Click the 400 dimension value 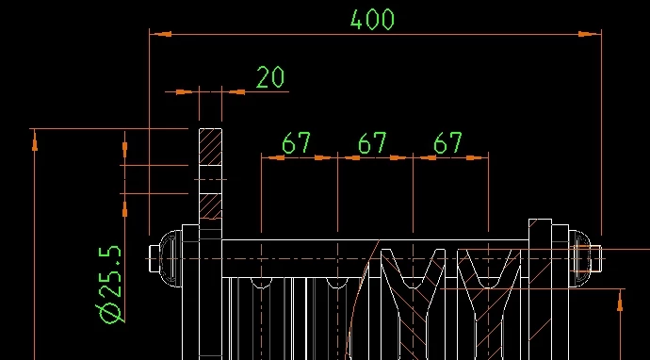[372, 20]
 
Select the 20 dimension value [270, 77]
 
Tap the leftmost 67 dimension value [296, 143]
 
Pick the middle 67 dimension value [372, 143]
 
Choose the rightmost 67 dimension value [447, 143]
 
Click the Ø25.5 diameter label [110, 285]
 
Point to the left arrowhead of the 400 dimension [160, 34]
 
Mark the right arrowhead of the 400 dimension [590, 34]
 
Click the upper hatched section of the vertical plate [211, 147]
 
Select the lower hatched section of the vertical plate [211, 206]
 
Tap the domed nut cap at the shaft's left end [171, 258]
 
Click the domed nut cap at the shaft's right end [579, 258]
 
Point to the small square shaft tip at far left [154, 258]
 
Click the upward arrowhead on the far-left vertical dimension [35, 140]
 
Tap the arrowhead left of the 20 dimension [184, 91]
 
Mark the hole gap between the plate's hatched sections [211, 180]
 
